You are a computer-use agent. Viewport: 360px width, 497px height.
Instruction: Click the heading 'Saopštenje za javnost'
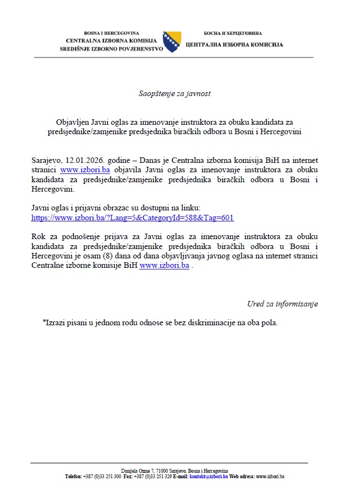click(x=174, y=93)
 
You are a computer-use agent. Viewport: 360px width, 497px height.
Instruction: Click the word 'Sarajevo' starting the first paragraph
click(x=46, y=160)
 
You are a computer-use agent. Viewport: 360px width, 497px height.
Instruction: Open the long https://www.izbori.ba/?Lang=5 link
click(x=133, y=218)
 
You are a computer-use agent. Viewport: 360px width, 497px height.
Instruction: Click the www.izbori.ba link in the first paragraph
click(x=85, y=170)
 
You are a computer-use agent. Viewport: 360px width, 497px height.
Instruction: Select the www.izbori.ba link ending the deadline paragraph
click(x=165, y=265)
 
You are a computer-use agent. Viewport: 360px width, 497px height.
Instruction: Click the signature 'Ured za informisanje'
click(x=282, y=304)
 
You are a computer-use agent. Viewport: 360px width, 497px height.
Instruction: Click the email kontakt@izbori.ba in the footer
click(x=209, y=476)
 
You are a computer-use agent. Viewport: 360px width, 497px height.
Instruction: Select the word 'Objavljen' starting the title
click(x=72, y=121)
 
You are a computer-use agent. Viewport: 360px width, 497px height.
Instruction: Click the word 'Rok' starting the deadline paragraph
click(x=38, y=236)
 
